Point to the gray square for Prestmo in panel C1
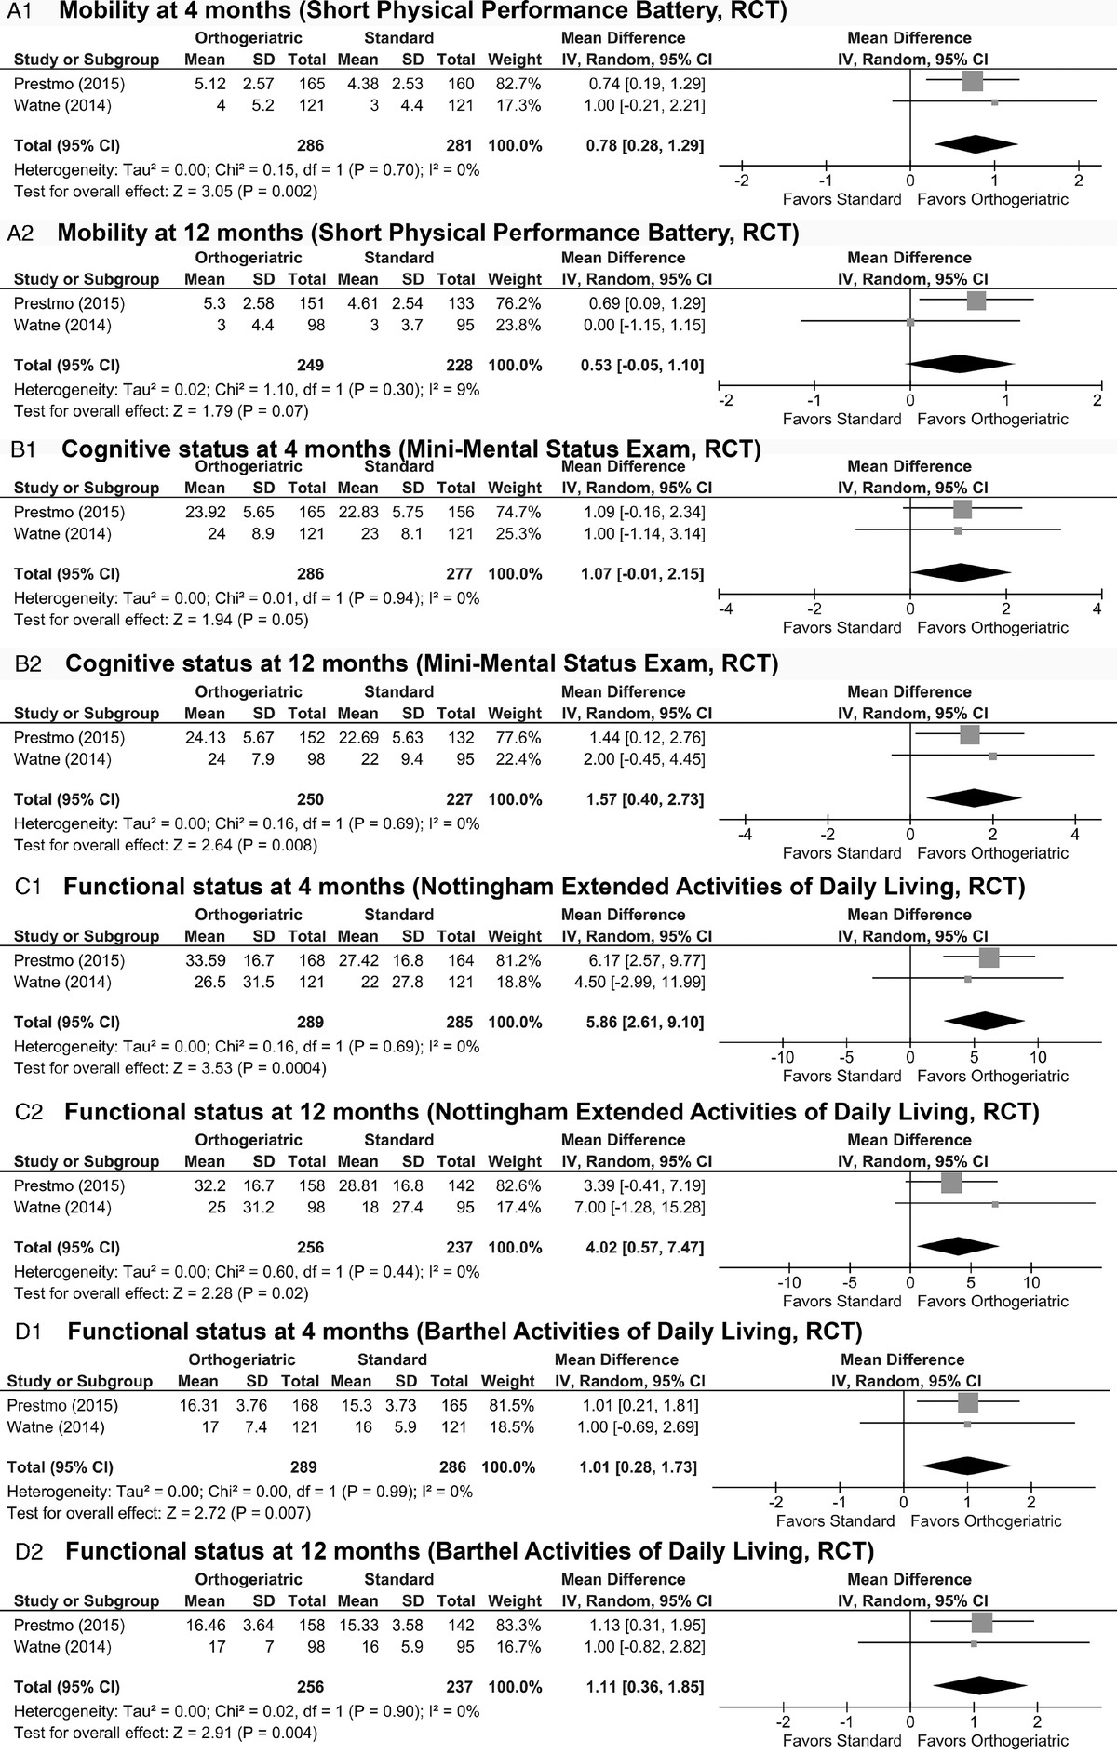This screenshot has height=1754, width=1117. [989, 959]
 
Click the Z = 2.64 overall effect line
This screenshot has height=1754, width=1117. [165, 846]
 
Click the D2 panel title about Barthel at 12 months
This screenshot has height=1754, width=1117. [469, 1551]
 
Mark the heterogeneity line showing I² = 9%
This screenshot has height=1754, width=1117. [247, 390]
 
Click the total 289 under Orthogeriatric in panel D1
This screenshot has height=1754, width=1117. [303, 1467]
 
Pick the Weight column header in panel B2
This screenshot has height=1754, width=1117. [514, 714]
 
